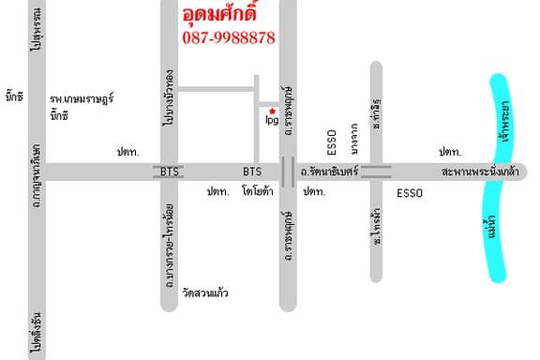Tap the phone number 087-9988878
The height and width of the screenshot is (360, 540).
(228, 37)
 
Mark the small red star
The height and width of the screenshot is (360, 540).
(272, 111)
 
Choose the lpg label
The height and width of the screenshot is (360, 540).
(272, 121)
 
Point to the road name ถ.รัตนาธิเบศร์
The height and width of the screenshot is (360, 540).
(329, 172)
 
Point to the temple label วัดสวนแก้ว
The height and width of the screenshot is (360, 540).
(206, 293)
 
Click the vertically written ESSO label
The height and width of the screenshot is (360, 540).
(331, 141)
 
